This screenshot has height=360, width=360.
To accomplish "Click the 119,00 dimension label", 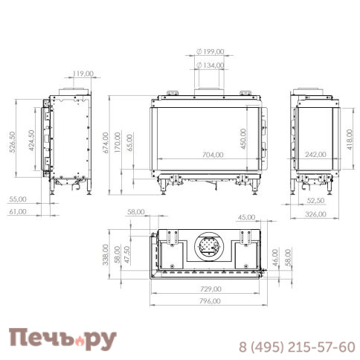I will click(83, 74).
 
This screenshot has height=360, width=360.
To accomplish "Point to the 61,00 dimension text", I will click(17, 211).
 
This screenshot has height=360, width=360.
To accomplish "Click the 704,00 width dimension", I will click(213, 155).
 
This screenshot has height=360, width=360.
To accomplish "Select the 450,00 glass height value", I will click(243, 138).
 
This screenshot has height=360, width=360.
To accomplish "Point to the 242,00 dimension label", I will click(316, 155).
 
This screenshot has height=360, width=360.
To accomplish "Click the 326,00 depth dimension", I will click(316, 215).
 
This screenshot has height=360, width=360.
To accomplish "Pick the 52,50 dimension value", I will click(316, 201).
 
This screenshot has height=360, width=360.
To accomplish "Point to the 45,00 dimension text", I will click(246, 217).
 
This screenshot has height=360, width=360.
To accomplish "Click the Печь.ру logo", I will click(62, 340).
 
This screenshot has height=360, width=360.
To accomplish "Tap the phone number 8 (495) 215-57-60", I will click(296, 347).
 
